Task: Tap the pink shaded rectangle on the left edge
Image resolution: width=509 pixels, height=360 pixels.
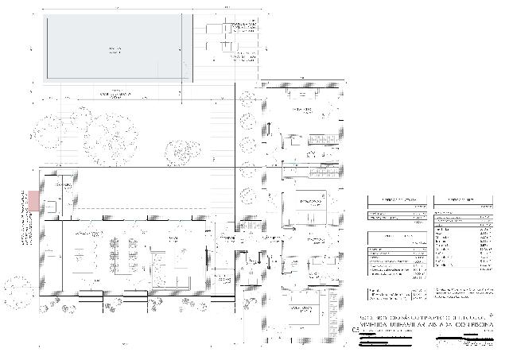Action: pyautogui.click(x=33, y=200)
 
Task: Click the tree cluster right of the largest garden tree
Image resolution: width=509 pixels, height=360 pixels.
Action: pyautogui.click(x=181, y=149)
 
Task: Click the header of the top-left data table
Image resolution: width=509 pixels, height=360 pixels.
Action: pyautogui.click(x=396, y=199)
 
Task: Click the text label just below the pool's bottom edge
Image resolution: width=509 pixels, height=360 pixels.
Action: pyautogui.click(x=114, y=94)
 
